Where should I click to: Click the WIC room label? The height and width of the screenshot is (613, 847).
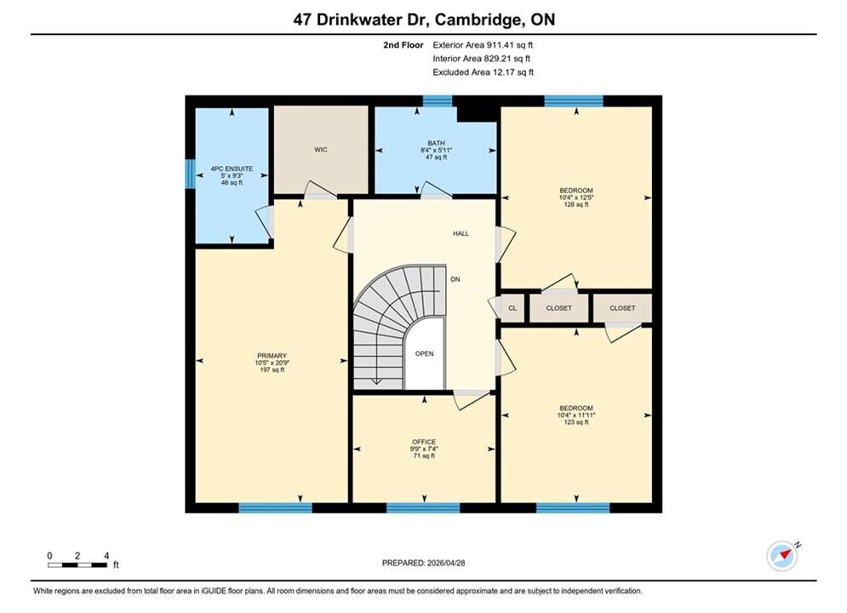[x=320, y=150]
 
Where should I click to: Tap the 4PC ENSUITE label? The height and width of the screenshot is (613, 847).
[x=232, y=169]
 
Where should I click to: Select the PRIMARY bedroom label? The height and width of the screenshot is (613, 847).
[x=272, y=356]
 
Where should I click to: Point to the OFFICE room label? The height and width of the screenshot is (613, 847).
[x=424, y=442]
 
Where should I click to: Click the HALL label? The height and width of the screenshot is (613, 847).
[x=461, y=233]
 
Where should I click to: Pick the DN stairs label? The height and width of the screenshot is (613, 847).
[x=455, y=279]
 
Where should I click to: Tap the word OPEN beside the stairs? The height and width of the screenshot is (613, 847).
[x=424, y=354]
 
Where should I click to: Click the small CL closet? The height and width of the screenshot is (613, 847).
[x=512, y=308]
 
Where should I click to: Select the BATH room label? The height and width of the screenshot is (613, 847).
[x=436, y=143]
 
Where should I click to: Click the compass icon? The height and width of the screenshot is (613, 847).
[x=782, y=556]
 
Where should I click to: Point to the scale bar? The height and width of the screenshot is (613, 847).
[x=77, y=565]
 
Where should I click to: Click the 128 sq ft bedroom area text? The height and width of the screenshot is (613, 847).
[x=575, y=204]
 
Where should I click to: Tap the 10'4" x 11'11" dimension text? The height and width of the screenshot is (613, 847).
[x=575, y=415]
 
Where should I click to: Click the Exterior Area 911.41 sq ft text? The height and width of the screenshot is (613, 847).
[x=483, y=45]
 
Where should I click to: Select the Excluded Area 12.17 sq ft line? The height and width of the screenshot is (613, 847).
[x=483, y=72]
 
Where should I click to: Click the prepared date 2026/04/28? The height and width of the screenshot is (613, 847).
[x=446, y=563]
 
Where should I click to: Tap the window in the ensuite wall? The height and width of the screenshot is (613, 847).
[x=190, y=174]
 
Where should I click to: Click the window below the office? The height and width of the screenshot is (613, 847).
[x=424, y=507]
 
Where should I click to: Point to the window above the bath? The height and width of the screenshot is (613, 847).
[x=437, y=101]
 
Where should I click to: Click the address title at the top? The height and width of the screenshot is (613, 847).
[x=424, y=20]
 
